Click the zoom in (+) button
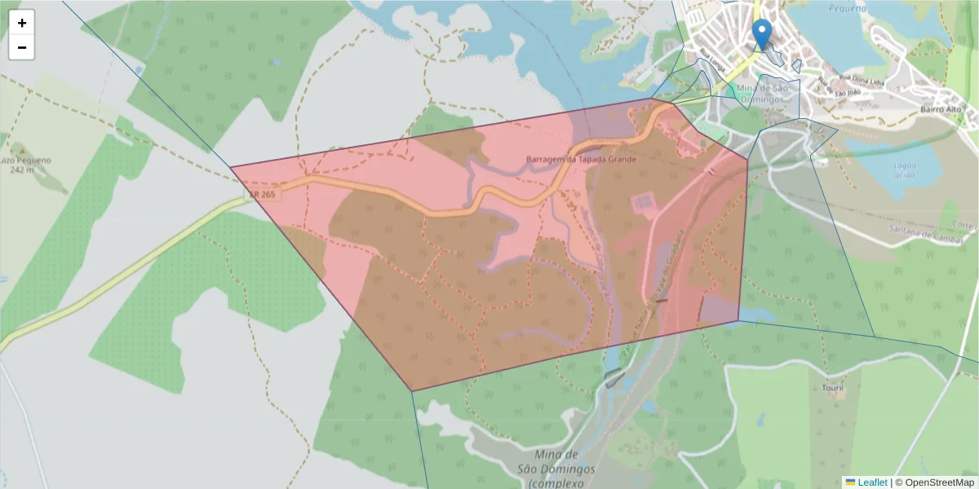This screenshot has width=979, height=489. [22, 23]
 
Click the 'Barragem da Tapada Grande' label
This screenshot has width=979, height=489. [582, 159]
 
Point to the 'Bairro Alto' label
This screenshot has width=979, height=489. [941, 109]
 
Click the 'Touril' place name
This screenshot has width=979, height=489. [833, 388]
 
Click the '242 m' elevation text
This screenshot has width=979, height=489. [23, 170]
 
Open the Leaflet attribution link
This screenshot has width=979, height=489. [871, 482]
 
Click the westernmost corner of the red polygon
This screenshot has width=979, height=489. [231, 167]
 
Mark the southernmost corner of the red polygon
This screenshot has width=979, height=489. [412, 391]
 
